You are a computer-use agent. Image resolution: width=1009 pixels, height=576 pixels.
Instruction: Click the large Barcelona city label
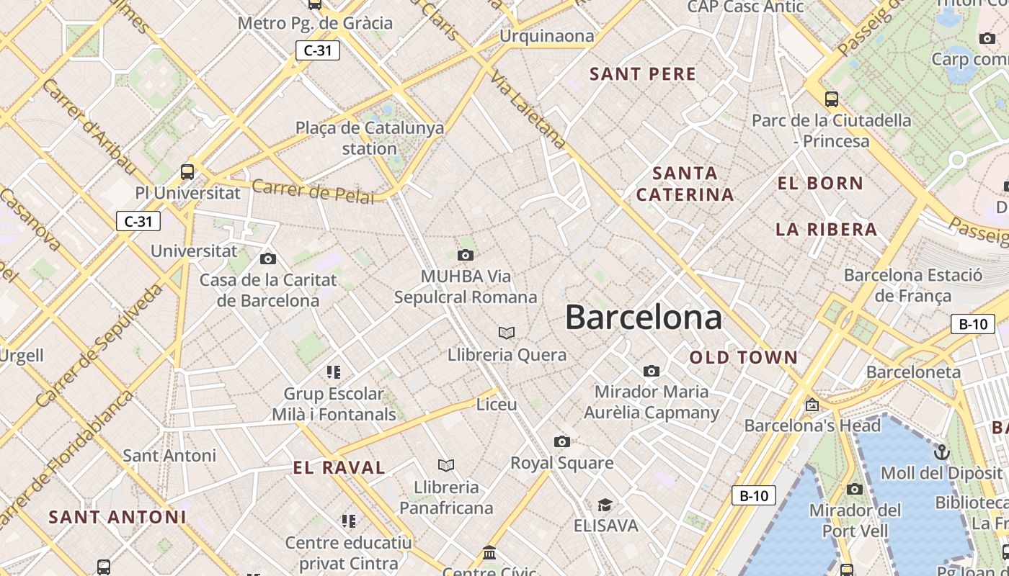(x=643, y=317)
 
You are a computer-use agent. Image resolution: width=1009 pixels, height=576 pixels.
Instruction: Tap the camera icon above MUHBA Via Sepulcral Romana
(x=466, y=255)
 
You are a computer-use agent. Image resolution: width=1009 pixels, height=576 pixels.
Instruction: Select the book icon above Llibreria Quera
(x=507, y=333)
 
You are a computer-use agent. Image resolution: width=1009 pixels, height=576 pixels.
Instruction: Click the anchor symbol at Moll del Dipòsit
(x=941, y=452)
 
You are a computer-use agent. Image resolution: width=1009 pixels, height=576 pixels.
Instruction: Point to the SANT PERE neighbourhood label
(x=643, y=74)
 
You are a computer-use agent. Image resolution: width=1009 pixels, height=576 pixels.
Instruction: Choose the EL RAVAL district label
(x=339, y=467)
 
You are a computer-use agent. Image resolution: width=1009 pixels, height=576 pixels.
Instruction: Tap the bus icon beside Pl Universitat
(x=187, y=171)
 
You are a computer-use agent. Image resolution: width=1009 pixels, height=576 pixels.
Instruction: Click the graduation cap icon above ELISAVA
(x=605, y=505)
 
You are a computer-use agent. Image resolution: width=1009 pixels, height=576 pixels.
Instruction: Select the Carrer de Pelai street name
(x=313, y=192)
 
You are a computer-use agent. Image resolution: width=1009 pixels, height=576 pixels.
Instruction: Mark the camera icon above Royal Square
(x=562, y=441)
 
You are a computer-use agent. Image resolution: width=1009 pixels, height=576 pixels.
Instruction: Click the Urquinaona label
(x=547, y=36)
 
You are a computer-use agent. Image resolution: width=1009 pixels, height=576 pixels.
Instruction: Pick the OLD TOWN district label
(x=744, y=358)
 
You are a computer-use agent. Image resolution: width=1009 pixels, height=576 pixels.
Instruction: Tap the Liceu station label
(x=497, y=405)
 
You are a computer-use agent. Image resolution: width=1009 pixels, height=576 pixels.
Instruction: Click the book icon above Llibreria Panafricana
(x=446, y=466)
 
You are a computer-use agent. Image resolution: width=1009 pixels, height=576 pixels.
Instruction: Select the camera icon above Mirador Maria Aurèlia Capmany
(x=652, y=371)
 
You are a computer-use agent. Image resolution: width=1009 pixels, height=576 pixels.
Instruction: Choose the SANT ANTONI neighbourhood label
(x=117, y=517)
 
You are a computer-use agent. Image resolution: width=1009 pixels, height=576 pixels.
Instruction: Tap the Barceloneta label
(x=913, y=372)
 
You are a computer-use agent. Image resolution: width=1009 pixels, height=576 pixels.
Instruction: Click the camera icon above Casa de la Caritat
(x=268, y=258)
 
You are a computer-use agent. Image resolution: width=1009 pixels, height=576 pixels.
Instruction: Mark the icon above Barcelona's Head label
(x=812, y=405)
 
